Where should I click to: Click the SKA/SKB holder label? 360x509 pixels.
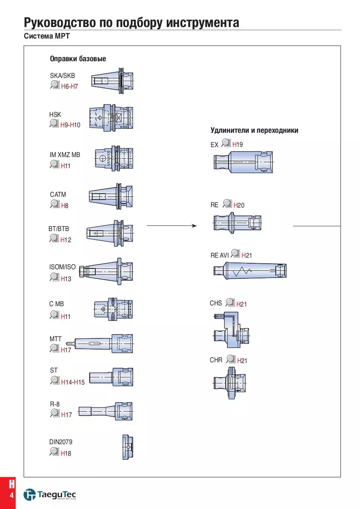click(62, 76)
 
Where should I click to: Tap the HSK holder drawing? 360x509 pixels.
click(111, 118)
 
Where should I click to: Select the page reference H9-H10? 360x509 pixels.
click(70, 125)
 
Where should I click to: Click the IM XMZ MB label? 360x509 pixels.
click(65, 155)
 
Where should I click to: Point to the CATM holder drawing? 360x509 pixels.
click(111, 196)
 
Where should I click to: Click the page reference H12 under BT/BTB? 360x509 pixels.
click(66, 240)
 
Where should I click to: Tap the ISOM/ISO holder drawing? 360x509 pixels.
click(106, 271)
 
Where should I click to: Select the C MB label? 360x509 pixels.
click(56, 304)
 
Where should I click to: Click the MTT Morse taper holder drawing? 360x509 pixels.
click(100, 343)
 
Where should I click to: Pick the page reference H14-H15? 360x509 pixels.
click(73, 382)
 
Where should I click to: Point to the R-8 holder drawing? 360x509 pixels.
click(106, 411)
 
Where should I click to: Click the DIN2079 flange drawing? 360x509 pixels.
click(128, 447)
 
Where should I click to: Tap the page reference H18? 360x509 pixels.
click(66, 453)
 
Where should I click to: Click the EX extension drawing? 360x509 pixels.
click(243, 162)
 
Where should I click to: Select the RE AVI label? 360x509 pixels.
click(219, 255)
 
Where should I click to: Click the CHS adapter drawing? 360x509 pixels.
click(232, 330)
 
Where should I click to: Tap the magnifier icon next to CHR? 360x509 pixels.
click(231, 359)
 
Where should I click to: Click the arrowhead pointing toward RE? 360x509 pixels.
click(194, 225)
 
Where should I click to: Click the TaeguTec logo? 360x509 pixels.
click(50, 494)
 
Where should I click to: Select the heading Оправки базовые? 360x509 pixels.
click(78, 58)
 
